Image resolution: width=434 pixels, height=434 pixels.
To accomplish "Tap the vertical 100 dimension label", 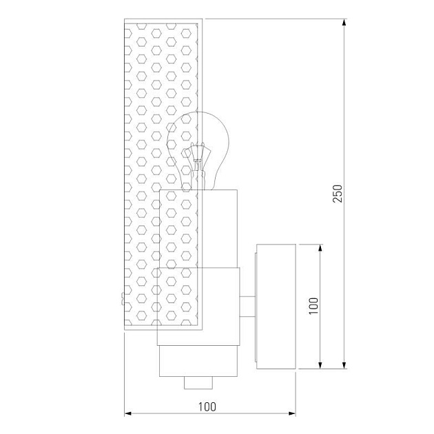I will (313, 305).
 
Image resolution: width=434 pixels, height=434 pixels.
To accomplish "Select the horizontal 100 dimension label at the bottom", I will (207, 406).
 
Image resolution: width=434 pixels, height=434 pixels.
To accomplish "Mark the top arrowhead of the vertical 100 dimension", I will (320, 247).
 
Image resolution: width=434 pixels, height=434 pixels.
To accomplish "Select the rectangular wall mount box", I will (276, 306).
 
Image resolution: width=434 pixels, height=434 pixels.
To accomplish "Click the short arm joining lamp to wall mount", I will (248, 304).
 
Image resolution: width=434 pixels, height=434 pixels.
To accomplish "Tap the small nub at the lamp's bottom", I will (198, 382).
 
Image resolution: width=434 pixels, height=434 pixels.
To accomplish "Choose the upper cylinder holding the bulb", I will (200, 227).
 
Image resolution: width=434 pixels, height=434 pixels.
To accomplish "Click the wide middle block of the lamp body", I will (198, 306).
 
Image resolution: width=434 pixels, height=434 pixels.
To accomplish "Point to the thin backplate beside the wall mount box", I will (257, 306).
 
